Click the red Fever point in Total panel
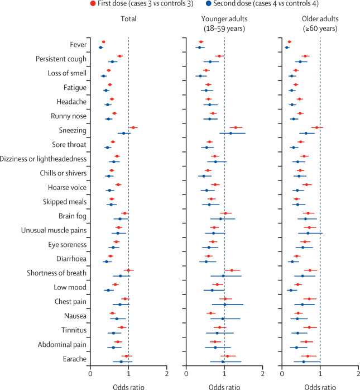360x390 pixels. point(103,42)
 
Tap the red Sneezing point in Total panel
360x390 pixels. point(133,127)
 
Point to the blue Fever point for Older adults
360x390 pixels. point(287,47)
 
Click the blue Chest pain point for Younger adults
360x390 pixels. point(225,305)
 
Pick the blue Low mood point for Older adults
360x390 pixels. point(290,290)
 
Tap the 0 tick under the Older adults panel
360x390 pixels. point(281,373)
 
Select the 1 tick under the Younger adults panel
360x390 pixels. point(224,373)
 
